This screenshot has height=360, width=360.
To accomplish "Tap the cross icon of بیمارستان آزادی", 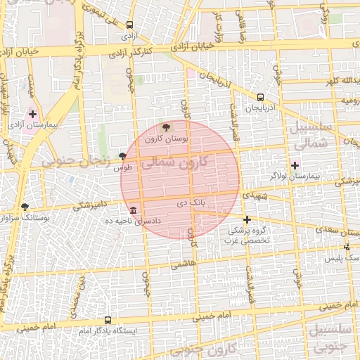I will pyautogui.click(x=32, y=113).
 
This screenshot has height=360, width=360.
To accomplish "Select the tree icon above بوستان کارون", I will pyautogui.click(x=166, y=128).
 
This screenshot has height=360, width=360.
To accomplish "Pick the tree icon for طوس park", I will pyautogui.click(x=124, y=155).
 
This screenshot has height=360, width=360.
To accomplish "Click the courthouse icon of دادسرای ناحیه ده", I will pyautogui.click(x=133, y=210).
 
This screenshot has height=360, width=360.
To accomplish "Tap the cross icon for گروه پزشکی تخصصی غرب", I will pyautogui.click(x=247, y=219).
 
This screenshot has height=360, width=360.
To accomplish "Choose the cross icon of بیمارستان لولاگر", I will pyautogui.click(x=295, y=165).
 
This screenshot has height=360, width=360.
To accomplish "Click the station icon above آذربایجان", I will pyautogui.click(x=261, y=98).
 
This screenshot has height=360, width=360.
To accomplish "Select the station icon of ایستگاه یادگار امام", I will pyautogui.click(x=108, y=319).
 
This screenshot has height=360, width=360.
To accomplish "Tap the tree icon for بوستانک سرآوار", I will pyautogui.click(x=25, y=207).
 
